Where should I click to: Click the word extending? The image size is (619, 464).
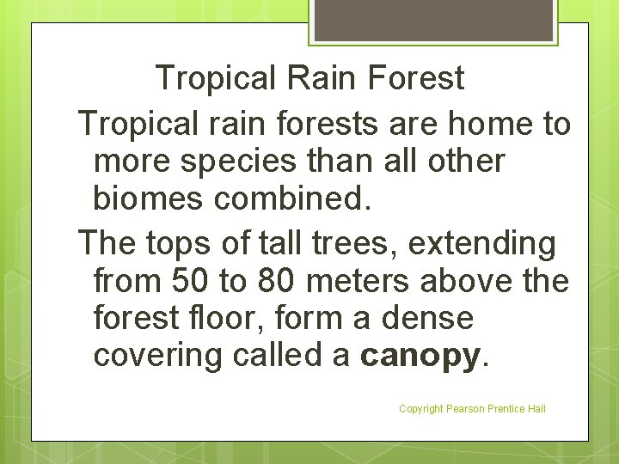click(x=482, y=244)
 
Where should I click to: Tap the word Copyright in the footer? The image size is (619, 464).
click(x=421, y=409)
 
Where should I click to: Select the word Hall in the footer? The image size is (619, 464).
click(x=535, y=409)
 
